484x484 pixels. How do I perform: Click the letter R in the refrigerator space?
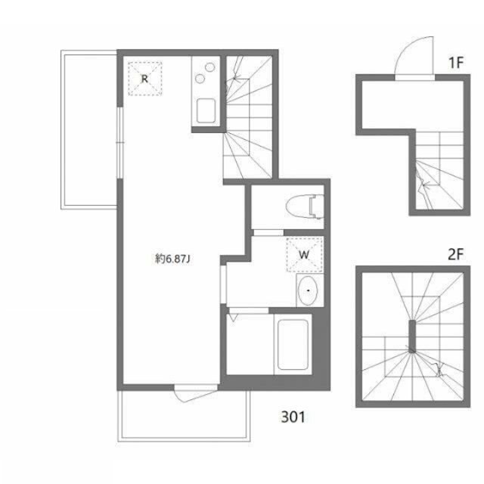tap(144, 79)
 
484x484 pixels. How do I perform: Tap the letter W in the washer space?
tap(304, 255)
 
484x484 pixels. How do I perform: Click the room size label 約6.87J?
tap(172, 259)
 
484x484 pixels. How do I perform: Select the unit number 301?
tap(293, 417)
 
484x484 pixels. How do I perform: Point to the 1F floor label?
tap(456, 63)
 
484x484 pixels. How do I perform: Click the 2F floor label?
tap(455, 254)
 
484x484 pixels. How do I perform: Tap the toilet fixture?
tap(305, 206)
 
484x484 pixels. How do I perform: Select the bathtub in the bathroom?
tap(293, 344)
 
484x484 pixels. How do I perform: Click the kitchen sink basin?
tap(206, 111)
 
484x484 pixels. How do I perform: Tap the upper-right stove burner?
tap(210, 67)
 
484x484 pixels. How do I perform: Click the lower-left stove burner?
tap(200, 79)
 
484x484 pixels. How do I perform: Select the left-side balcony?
tap(89, 129)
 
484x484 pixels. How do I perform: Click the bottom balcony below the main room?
tap(184, 416)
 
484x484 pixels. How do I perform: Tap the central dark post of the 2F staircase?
tap(412, 336)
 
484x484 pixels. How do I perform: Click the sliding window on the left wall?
tap(120, 143)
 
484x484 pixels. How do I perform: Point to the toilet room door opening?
tap(268, 232)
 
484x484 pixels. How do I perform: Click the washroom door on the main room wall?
tap(223, 284)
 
